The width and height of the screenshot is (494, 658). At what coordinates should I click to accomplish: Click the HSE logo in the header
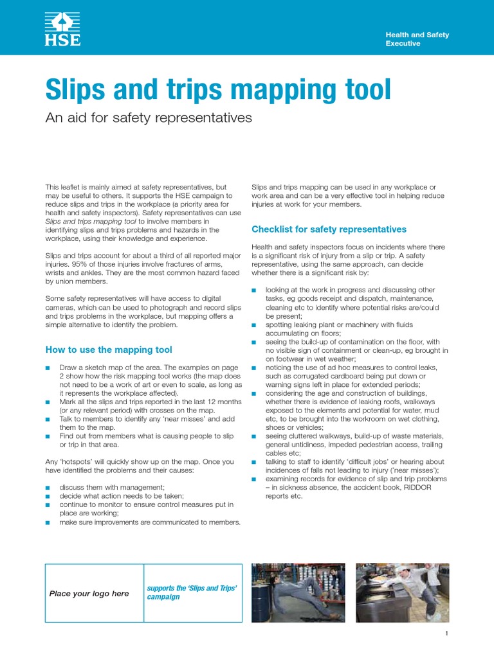(62, 30)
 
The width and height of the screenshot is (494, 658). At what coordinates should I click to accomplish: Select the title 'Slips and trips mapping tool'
(218, 89)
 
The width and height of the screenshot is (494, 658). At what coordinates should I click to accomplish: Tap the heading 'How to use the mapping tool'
(109, 350)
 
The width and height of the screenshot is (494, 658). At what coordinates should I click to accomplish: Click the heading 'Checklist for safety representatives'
(329, 229)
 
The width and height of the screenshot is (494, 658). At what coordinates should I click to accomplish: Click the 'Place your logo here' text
(89, 594)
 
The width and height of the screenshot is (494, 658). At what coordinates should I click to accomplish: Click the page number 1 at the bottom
(446, 634)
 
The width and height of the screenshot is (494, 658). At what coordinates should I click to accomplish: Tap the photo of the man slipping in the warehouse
(298, 592)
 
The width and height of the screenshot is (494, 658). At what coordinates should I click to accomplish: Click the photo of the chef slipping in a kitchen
(403, 592)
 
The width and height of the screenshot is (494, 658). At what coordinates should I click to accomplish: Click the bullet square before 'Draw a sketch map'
(48, 368)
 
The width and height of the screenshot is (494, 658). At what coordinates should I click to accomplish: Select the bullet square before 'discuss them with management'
(48, 487)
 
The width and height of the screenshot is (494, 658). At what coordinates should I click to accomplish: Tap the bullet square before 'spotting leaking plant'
(254, 325)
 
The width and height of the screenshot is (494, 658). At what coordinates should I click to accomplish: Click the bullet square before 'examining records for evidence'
(254, 479)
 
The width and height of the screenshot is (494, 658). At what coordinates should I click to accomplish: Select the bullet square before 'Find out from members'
(48, 436)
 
